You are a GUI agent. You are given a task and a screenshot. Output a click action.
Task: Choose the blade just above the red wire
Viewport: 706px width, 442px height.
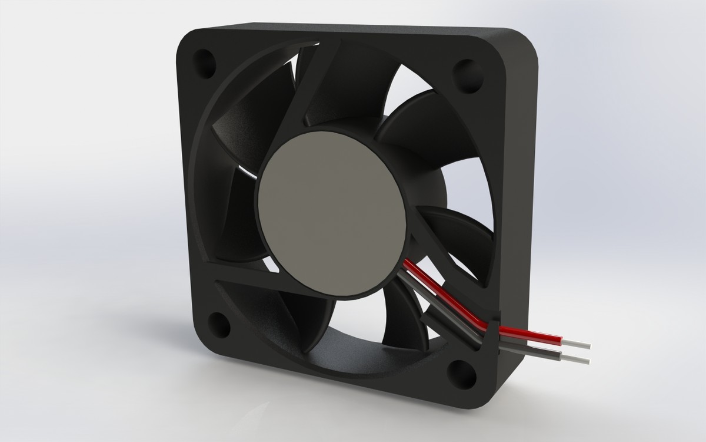[x=453, y=236]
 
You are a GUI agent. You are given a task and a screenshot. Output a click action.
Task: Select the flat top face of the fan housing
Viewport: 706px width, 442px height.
[x=353, y=27]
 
